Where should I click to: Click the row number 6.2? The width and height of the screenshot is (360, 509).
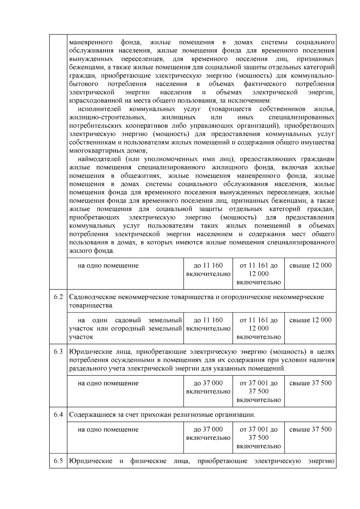[x=58, y=297]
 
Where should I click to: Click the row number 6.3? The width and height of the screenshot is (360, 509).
[x=58, y=352]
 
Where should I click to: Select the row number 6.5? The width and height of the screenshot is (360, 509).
[x=58, y=461]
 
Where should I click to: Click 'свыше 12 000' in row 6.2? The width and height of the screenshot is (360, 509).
[x=310, y=320]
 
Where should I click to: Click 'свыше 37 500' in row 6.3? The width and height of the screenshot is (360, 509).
[x=310, y=383]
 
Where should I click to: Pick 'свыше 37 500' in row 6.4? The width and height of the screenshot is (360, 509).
[x=310, y=429]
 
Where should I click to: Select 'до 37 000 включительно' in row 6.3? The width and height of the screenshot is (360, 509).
[x=208, y=387]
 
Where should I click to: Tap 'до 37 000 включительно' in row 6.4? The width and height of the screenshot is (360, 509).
[x=208, y=433]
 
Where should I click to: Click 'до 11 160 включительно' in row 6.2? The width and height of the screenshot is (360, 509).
[x=208, y=324]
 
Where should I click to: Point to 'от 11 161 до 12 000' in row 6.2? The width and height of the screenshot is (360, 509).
[x=259, y=324]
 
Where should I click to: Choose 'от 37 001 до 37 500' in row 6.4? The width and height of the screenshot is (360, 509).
[x=259, y=433]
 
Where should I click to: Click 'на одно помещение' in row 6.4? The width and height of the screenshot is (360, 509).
[x=108, y=430]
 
